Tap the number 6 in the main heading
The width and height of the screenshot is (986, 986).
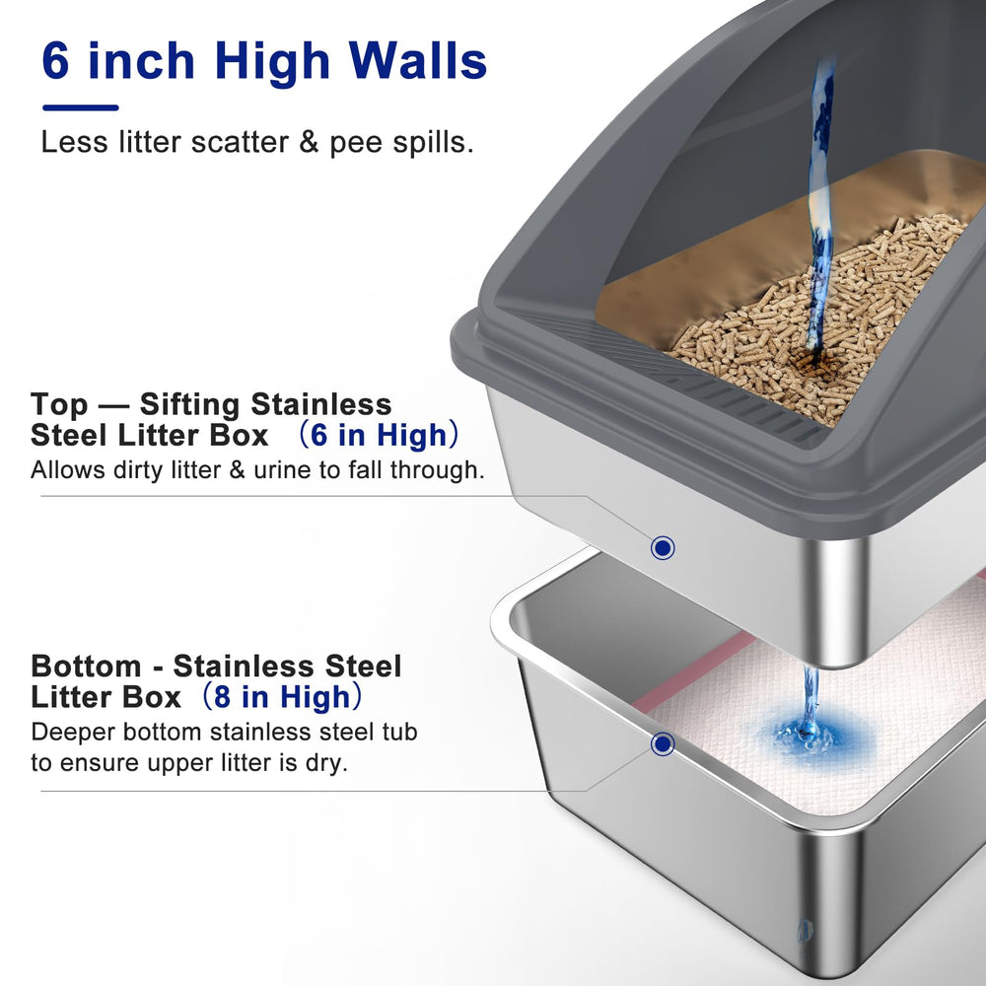57,61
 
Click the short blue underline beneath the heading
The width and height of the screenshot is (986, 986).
80,107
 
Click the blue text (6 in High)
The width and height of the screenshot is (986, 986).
379,435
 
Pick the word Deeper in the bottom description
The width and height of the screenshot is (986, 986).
73,732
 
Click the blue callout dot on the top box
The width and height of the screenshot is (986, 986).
664,547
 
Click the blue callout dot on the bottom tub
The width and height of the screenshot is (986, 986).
663,743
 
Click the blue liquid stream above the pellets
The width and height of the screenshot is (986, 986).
818,197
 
